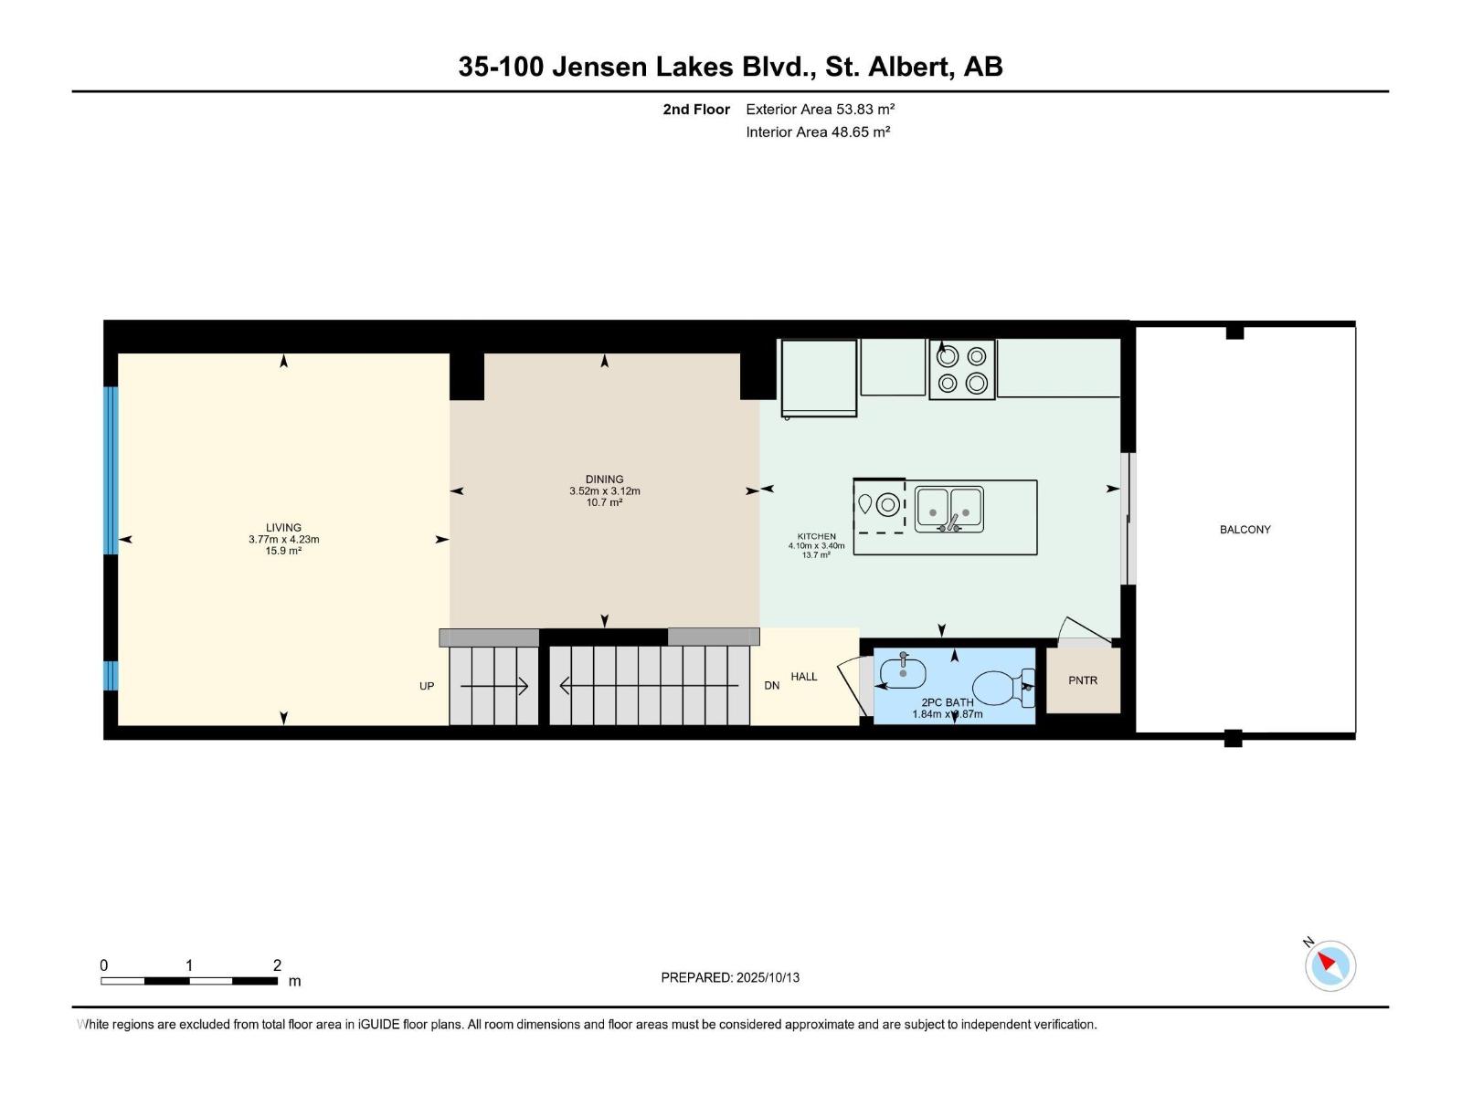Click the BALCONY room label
click(x=1245, y=530)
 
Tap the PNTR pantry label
click(x=1082, y=680)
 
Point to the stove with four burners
click(x=961, y=370)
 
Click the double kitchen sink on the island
click(x=948, y=510)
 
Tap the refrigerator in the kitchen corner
click(x=819, y=377)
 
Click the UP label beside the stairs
click(x=427, y=686)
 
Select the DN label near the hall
click(x=772, y=685)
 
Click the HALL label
click(x=804, y=677)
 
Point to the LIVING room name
click(x=283, y=527)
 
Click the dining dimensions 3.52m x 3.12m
click(x=604, y=490)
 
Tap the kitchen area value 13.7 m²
click(x=816, y=555)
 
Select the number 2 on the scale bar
click(x=277, y=965)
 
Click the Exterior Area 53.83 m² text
click(x=820, y=109)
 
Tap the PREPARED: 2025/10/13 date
click(x=730, y=977)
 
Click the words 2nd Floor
click(x=696, y=110)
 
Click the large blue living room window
click(x=111, y=470)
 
